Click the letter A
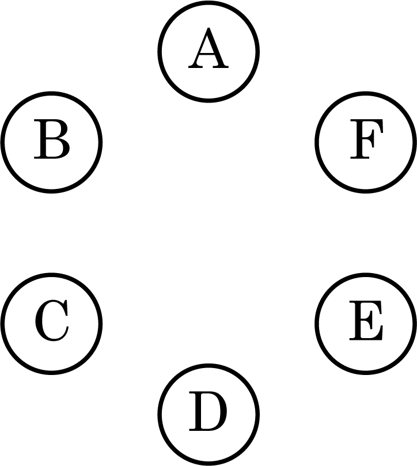click(x=208, y=48)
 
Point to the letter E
click(x=366, y=320)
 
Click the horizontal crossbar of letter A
click(x=208, y=54)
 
